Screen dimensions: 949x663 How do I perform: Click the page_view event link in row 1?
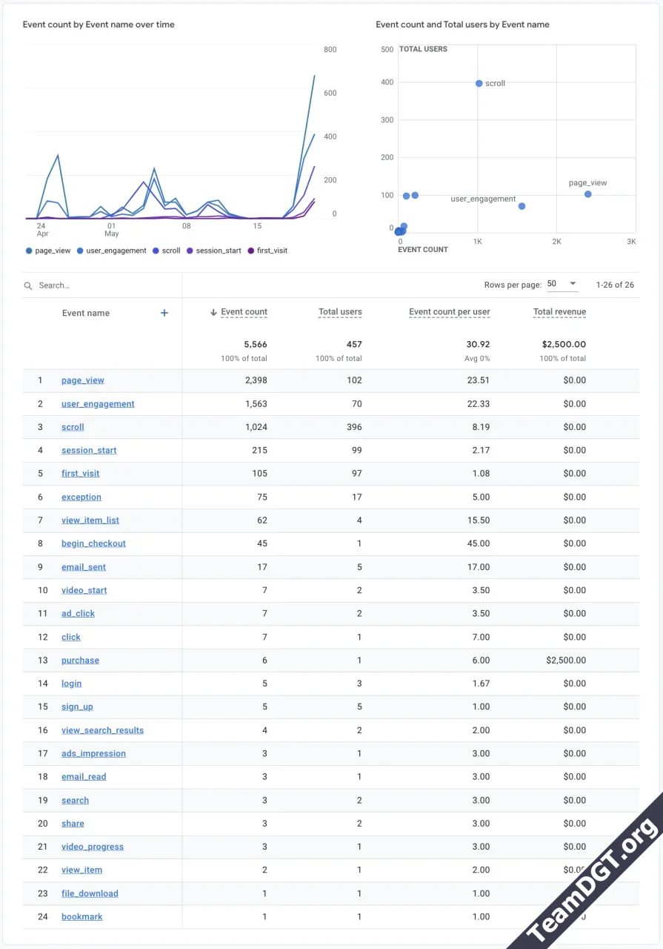coord(82,380)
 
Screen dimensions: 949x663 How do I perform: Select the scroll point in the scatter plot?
coord(479,84)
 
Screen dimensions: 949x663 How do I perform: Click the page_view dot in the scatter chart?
coord(587,194)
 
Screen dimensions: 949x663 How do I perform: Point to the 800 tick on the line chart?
coord(330,50)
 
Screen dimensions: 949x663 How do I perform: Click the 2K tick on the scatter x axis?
coord(556,242)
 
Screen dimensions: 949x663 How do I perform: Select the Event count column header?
coord(244,312)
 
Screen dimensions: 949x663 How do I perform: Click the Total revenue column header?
coord(559,312)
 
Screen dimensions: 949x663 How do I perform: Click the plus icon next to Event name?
coord(164,313)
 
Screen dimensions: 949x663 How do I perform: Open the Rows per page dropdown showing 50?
coord(562,285)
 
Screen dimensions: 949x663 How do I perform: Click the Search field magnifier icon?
coord(28,285)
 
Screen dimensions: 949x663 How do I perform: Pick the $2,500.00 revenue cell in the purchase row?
coord(565,661)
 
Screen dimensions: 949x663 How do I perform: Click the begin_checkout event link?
coord(93,543)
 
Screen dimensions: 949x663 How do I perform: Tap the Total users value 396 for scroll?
coord(354,427)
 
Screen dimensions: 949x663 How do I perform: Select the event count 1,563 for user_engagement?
coord(256,404)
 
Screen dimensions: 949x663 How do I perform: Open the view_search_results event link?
coord(102,730)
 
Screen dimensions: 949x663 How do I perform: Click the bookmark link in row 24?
coord(81,917)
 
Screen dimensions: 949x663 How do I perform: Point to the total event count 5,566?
coord(256,344)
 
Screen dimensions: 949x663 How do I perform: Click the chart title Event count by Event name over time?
coord(99,24)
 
